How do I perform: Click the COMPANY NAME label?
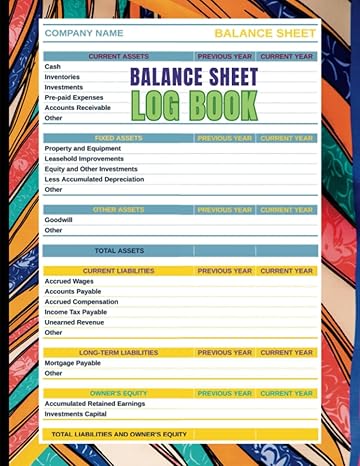84,33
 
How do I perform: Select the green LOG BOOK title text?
194,105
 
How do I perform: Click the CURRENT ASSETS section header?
118,57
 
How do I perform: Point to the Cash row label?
53,67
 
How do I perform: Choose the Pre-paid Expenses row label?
73,97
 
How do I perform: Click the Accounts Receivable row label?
78,107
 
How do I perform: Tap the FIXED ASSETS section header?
118,138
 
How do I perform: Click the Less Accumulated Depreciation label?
94,179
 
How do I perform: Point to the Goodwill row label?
58,220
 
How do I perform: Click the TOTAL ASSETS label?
119,251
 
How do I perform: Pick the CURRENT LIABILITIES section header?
118,271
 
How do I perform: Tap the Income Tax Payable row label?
76,312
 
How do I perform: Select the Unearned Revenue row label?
74,322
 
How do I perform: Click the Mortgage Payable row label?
72,363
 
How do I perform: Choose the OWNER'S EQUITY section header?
118,393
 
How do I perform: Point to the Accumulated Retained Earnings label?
95,403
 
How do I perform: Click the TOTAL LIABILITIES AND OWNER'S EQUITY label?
119,434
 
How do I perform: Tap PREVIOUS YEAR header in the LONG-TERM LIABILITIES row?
225,353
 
